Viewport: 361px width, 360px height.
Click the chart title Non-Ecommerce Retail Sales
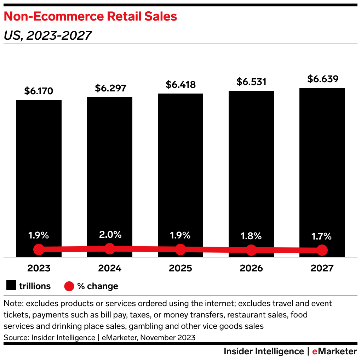click(90, 17)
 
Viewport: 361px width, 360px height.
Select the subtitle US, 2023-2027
click(48, 35)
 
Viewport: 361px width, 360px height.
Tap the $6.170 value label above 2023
click(39, 91)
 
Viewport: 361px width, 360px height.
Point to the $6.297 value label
click(110, 88)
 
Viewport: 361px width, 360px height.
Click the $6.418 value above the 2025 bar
click(180, 85)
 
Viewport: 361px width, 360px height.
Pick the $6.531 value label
click(251, 82)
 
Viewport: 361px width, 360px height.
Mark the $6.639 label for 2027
click(322, 79)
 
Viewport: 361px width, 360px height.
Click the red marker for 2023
click(39, 249)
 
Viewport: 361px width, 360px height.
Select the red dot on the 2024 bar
click(110, 248)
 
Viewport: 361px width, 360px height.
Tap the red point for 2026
click(251, 250)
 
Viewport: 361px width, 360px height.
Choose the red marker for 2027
click(322, 250)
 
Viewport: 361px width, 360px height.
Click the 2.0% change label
click(110, 235)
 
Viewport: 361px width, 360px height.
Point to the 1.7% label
click(322, 236)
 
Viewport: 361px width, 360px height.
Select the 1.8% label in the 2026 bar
click(251, 236)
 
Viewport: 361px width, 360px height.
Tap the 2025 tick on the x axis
click(180, 268)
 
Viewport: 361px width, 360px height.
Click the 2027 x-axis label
click(322, 268)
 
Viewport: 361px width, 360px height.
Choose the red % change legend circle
click(69, 286)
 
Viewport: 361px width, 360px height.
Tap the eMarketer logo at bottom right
click(334, 351)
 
